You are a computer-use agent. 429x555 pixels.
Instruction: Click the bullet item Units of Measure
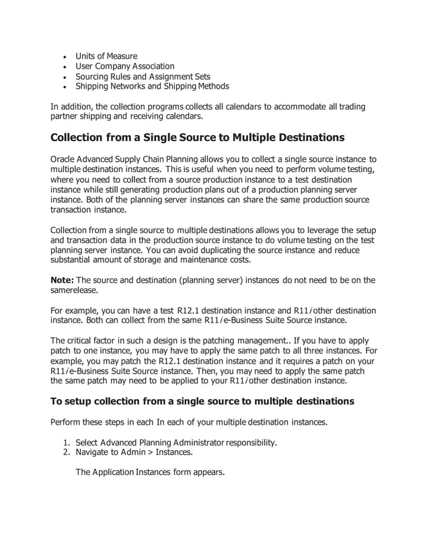[106, 56]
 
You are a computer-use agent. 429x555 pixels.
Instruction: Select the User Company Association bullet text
[124, 66]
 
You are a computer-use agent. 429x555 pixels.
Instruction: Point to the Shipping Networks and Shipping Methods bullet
[152, 86]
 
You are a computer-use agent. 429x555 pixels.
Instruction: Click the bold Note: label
[63, 280]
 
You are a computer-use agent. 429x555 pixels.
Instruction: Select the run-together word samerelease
[77, 290]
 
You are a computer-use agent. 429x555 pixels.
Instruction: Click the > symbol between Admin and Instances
[149, 452]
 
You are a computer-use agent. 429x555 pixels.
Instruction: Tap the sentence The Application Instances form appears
[149, 472]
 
